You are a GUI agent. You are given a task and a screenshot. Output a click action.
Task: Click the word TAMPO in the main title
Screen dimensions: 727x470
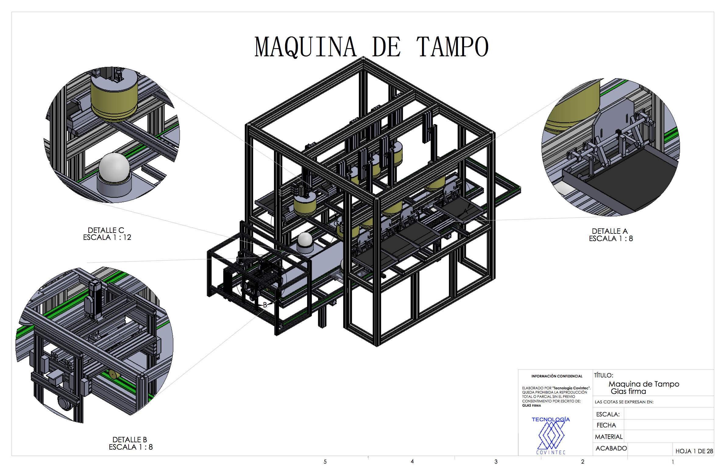[x=452, y=47]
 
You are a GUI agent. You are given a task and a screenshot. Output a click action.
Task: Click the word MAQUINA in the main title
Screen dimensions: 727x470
[x=306, y=47]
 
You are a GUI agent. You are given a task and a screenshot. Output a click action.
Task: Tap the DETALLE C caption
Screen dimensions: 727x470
[x=106, y=230]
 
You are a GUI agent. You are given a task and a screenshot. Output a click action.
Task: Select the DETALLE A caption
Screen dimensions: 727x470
[x=610, y=231]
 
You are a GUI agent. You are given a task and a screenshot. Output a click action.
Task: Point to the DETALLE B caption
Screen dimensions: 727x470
[x=129, y=440]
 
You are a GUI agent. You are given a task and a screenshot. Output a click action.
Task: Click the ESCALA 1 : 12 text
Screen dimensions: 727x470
[x=107, y=237]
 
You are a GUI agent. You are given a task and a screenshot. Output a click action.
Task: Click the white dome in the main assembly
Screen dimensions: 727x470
[x=305, y=240]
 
